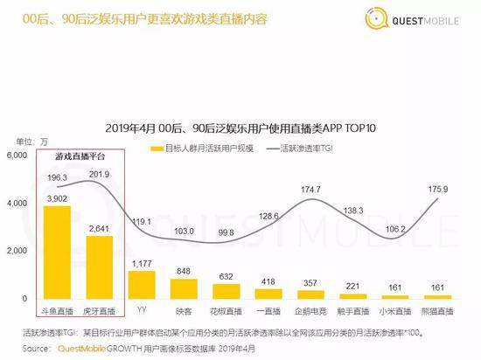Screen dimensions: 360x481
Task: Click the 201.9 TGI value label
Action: pos(99,175)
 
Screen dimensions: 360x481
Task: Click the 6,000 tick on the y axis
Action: pos(18,156)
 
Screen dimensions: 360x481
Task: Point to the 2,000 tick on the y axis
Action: pos(18,251)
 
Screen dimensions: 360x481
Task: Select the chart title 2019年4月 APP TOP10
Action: pos(240,128)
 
